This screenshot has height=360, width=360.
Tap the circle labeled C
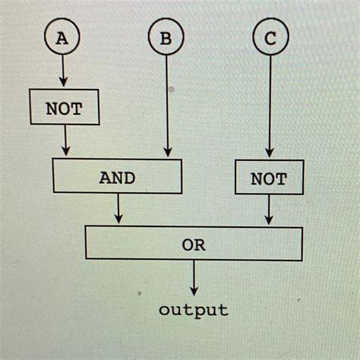[x=270, y=40]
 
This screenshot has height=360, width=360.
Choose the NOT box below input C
[x=270, y=179]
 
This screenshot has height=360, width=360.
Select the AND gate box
[x=117, y=178]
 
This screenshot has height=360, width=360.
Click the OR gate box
[x=194, y=245]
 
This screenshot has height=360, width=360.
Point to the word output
[x=194, y=310]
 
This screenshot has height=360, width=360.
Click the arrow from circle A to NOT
[x=63, y=73]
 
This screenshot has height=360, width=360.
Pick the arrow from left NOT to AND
[x=66, y=141]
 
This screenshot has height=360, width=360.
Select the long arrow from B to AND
[x=166, y=106]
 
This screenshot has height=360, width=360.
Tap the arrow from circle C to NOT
[x=270, y=106]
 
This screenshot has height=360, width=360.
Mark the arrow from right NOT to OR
[x=270, y=210]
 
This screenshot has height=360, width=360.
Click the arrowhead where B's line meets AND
[x=166, y=153]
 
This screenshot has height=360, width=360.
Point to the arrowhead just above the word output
[x=194, y=290]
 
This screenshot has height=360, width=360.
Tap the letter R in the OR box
[x=200, y=245]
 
